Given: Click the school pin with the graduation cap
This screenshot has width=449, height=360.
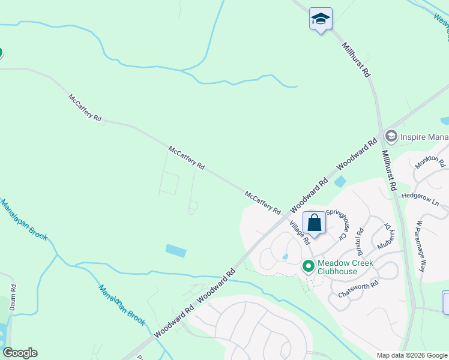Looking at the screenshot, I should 321,20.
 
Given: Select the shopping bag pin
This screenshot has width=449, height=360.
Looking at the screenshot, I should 314,223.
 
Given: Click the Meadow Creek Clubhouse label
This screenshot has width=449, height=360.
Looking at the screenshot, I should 345,268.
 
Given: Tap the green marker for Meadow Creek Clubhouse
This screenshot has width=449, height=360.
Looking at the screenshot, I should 309,265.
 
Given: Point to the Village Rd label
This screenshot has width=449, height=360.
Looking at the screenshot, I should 299,232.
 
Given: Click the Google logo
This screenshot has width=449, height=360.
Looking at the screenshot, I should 20,353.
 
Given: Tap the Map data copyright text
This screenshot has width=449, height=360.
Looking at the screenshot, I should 412,355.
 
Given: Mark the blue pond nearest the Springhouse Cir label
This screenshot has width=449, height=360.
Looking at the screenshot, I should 340,181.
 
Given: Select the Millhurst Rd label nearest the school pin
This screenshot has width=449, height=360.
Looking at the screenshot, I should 356,61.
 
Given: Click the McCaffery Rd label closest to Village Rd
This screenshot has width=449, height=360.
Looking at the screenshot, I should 263,203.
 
